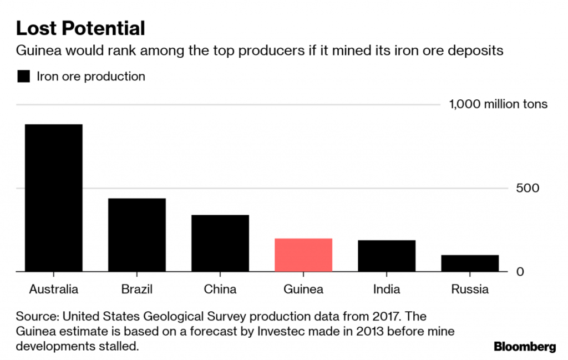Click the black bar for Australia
pos(54,197)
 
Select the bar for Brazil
pos(137,235)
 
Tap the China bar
pos(220,243)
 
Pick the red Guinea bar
pos(303,255)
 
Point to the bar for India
pos(387,256)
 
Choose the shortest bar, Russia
pos(470,263)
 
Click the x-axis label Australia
pos(54,289)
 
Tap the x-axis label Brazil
pos(136,289)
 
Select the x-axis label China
pos(220,289)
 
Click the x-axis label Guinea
pos(303,289)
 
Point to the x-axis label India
pos(387,289)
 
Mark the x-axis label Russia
pos(470,289)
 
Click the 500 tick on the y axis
pos(529,187)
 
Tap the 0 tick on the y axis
pos(520,272)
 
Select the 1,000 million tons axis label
pos(498,104)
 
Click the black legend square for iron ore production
pos(23,77)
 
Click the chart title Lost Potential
pos(80,28)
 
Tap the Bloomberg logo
pos(525,347)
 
